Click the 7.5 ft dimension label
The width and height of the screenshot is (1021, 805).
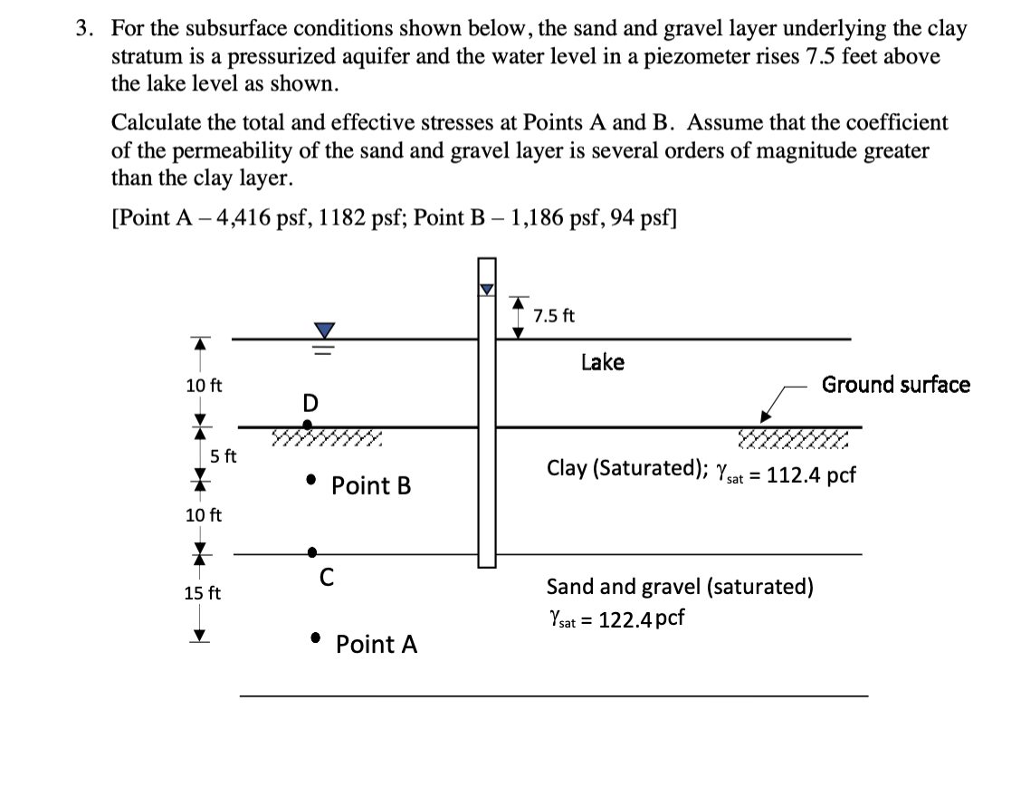pyautogui.click(x=553, y=316)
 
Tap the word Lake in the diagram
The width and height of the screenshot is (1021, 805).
pyautogui.click(x=602, y=362)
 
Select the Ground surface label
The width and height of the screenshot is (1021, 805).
pyautogui.click(x=895, y=385)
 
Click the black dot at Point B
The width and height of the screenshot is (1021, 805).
pyautogui.click(x=310, y=478)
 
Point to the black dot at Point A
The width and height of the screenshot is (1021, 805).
pyautogui.click(x=314, y=637)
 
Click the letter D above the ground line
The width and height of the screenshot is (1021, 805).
pyautogui.click(x=310, y=401)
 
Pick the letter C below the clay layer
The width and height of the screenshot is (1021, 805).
pyautogui.click(x=328, y=575)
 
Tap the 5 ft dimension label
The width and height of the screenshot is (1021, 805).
pyautogui.click(x=223, y=455)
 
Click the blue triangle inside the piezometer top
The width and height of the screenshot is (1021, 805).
pyautogui.click(x=488, y=289)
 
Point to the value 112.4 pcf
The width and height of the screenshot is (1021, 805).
pyautogui.click(x=810, y=474)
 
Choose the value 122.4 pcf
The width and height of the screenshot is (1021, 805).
pyautogui.click(x=639, y=618)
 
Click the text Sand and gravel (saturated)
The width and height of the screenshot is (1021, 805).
pyautogui.click(x=679, y=587)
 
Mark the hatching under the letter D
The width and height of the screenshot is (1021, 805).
pyautogui.click(x=326, y=440)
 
